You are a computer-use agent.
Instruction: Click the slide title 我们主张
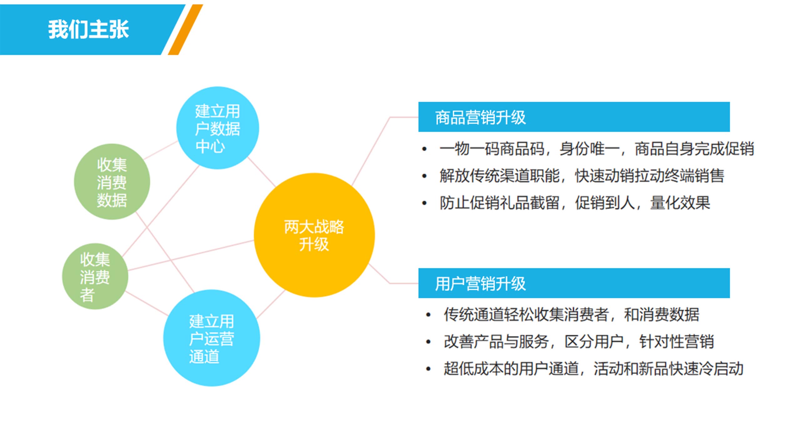click(89, 29)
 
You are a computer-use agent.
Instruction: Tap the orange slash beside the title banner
click(185, 30)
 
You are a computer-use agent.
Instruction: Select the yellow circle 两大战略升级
click(314, 235)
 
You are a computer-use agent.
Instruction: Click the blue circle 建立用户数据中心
click(218, 128)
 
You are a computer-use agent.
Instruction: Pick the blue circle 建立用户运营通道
click(212, 338)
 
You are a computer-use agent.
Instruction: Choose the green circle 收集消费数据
click(112, 182)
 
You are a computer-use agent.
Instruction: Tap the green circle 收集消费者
click(95, 277)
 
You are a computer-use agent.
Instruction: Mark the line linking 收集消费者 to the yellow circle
click(191, 255)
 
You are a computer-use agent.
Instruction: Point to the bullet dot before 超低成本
click(428, 369)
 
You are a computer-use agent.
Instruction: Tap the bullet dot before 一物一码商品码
click(424, 149)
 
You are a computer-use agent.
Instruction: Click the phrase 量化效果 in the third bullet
click(680, 203)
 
